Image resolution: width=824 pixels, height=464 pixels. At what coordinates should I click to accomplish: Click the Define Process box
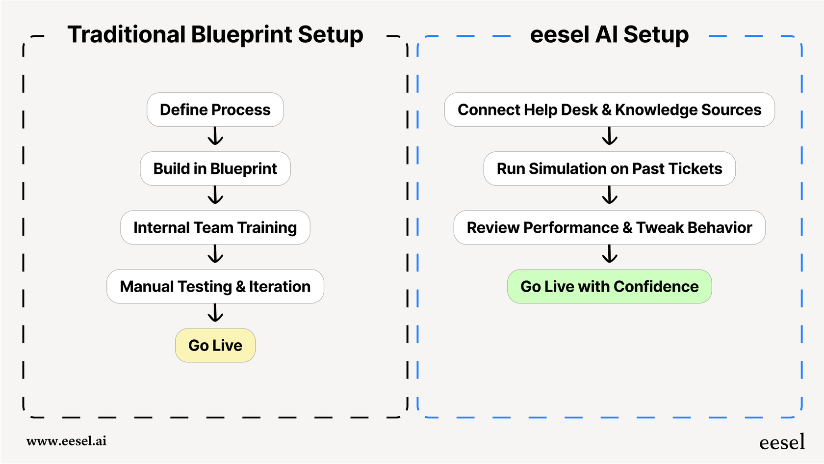point(215,109)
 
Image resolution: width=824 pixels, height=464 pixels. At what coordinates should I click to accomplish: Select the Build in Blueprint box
point(215,168)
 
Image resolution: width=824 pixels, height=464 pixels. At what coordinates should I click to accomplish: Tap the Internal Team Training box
point(215,227)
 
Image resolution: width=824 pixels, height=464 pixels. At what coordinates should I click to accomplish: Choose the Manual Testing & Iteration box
point(215,286)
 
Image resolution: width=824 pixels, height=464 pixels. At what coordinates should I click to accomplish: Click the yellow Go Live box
point(215,345)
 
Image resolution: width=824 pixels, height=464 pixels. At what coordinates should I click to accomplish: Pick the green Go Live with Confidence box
point(609,286)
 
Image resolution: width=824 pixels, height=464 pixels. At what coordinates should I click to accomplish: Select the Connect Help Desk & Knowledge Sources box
point(609,109)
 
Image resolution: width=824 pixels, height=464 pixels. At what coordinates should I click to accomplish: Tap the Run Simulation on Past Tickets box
point(609,168)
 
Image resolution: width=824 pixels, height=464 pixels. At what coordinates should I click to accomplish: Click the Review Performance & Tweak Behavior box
point(609,227)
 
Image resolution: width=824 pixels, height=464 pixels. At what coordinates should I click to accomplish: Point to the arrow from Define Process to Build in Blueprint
point(215,136)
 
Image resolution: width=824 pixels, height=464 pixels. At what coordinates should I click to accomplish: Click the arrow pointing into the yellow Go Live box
point(215,313)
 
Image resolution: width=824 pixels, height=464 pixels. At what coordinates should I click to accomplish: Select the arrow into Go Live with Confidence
point(609,254)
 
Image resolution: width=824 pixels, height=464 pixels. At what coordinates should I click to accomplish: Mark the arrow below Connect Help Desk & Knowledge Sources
point(609,136)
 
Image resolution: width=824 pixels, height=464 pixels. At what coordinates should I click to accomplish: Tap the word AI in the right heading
point(606,35)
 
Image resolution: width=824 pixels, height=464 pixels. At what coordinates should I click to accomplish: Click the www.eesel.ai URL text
point(66,441)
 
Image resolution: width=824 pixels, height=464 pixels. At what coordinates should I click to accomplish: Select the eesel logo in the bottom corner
point(782,442)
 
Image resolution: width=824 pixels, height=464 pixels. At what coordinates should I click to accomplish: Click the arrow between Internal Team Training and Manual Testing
point(215,254)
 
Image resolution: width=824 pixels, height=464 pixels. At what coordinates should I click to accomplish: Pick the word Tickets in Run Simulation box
point(695,168)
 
